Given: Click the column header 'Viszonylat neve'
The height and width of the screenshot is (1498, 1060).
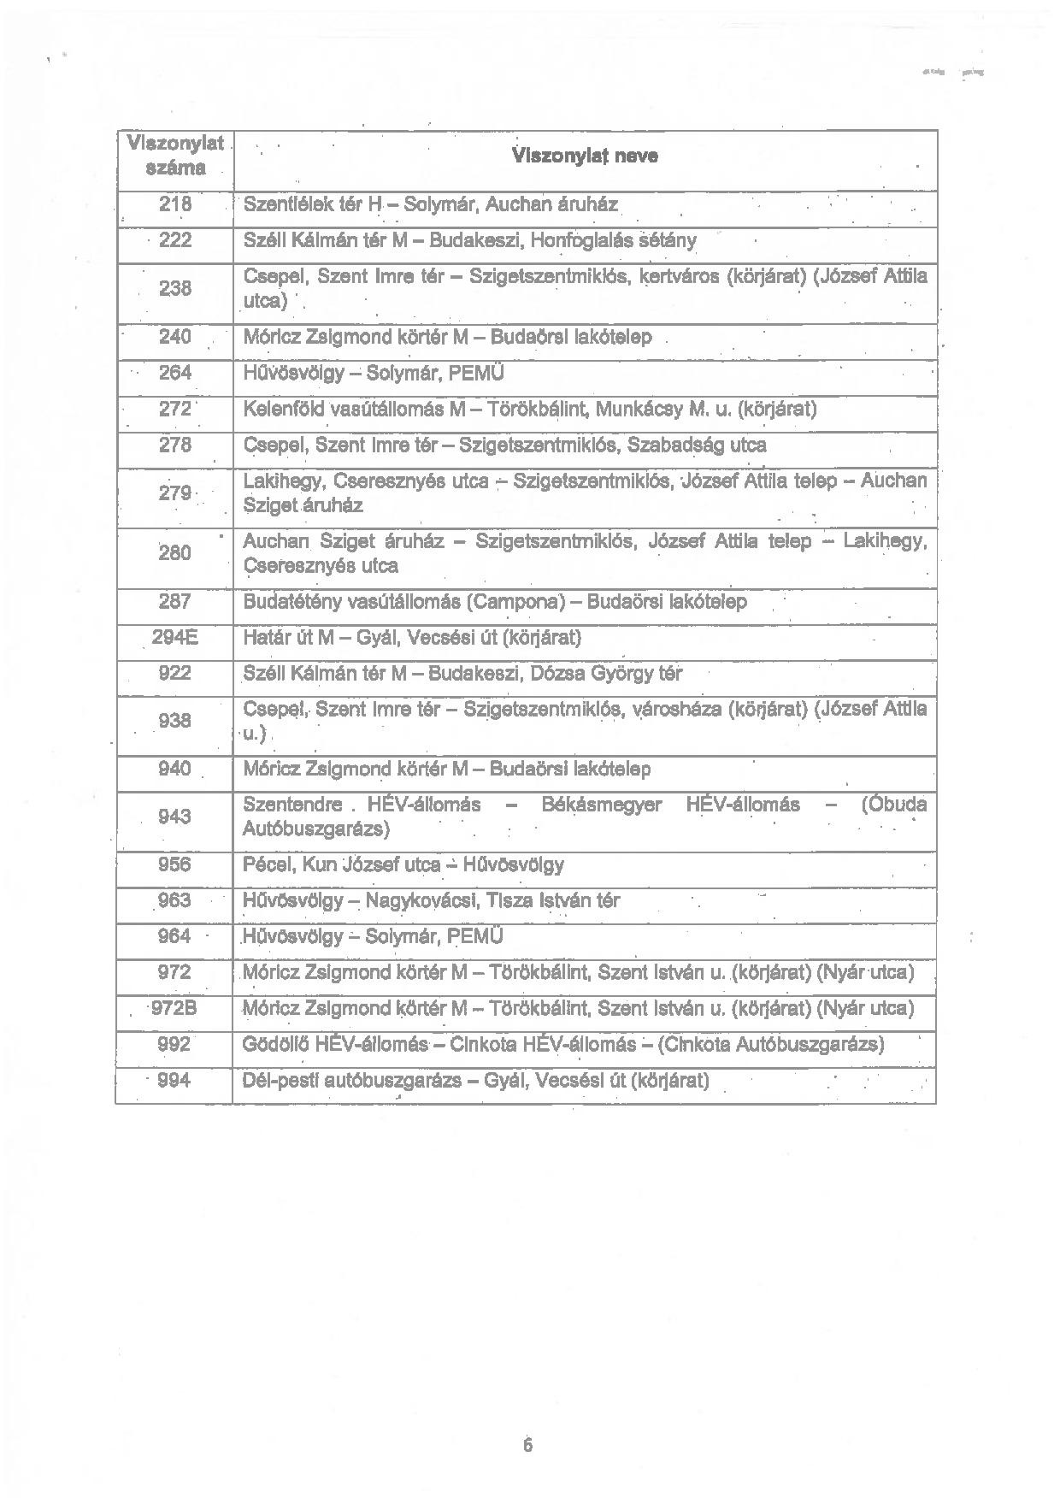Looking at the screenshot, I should point(586,156).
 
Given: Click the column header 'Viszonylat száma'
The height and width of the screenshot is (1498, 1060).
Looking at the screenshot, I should point(174,155).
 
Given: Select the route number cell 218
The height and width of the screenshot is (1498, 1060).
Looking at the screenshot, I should point(174,205).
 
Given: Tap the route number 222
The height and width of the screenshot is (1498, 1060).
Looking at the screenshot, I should point(174,240).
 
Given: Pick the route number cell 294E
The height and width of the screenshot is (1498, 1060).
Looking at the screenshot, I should point(174,638).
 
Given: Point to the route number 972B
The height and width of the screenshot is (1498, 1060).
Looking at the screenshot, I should point(174,1009).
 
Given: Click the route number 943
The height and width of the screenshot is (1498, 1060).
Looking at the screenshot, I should point(174,817).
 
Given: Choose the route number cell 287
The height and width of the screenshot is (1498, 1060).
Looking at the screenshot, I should point(174,602).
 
